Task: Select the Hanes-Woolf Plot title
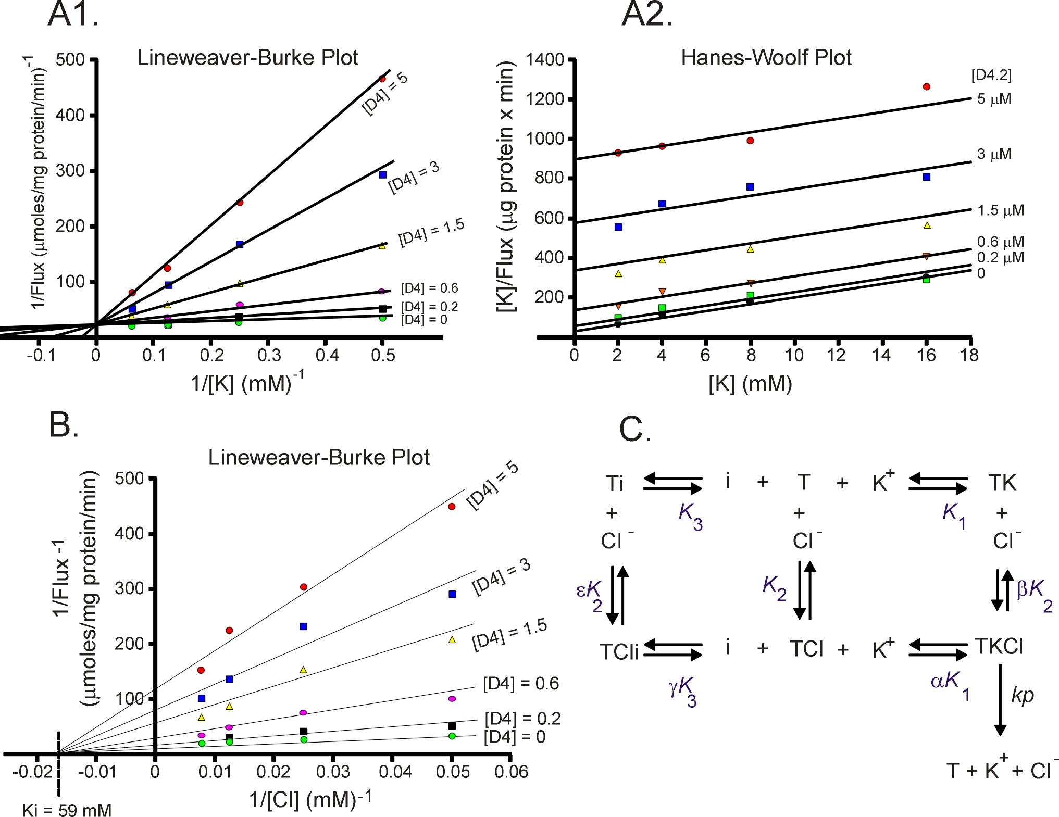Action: pos(766,57)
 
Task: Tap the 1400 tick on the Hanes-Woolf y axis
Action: pos(544,60)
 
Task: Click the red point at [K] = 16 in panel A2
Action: pos(926,86)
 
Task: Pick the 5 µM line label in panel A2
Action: pos(994,99)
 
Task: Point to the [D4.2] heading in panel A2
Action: pos(991,76)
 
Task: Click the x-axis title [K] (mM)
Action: pos(750,384)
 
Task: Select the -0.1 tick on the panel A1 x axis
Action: pos(41,355)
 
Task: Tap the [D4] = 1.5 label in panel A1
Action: pos(431,233)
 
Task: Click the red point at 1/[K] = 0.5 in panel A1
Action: pos(382,79)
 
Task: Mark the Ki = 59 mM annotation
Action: pos(67,810)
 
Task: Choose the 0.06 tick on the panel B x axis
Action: pos(511,772)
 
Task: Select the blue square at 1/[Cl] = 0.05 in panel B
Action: pos(452,594)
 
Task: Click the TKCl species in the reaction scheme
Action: pos(999,646)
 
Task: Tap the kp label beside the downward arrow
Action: pos(1022,695)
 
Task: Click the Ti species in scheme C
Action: pos(614,483)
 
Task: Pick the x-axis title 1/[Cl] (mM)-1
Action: pos(310,799)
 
